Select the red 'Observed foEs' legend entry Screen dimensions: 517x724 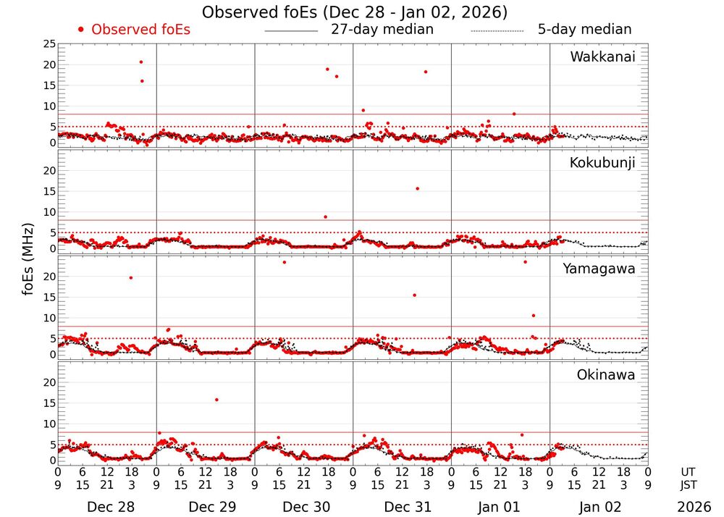[134, 30]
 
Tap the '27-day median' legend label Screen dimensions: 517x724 [382, 30]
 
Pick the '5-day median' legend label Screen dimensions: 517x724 [584, 30]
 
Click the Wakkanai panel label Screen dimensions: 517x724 [602, 57]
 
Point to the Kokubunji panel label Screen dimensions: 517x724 [601, 163]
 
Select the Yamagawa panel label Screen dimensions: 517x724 [599, 269]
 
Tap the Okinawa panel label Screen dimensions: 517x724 [606, 375]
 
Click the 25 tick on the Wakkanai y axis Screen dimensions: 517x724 [49, 45]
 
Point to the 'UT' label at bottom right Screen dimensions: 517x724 [689, 471]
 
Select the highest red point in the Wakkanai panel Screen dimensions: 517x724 [141, 62]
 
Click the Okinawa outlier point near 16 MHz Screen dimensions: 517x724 [216, 400]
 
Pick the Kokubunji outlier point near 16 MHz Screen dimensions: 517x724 [417, 188]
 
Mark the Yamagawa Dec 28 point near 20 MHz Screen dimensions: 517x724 [130, 278]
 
